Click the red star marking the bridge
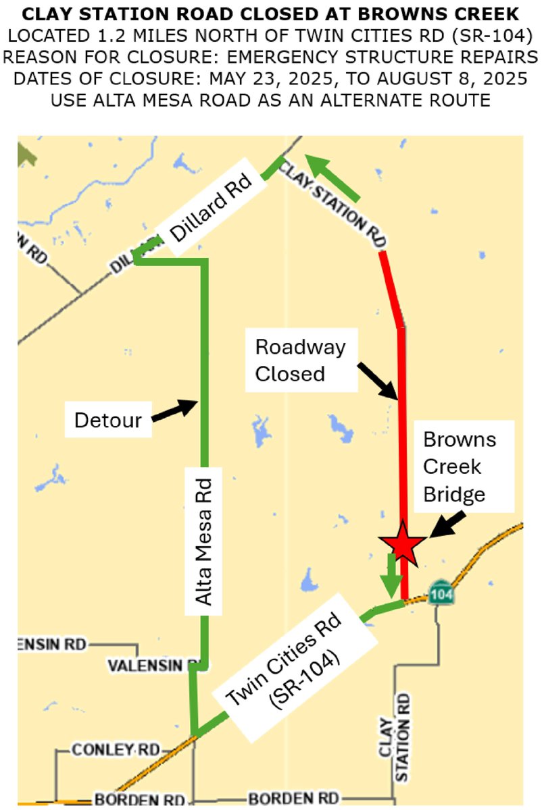403,541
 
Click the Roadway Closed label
300,360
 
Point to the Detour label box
108,421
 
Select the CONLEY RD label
115,750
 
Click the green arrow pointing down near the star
391,574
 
